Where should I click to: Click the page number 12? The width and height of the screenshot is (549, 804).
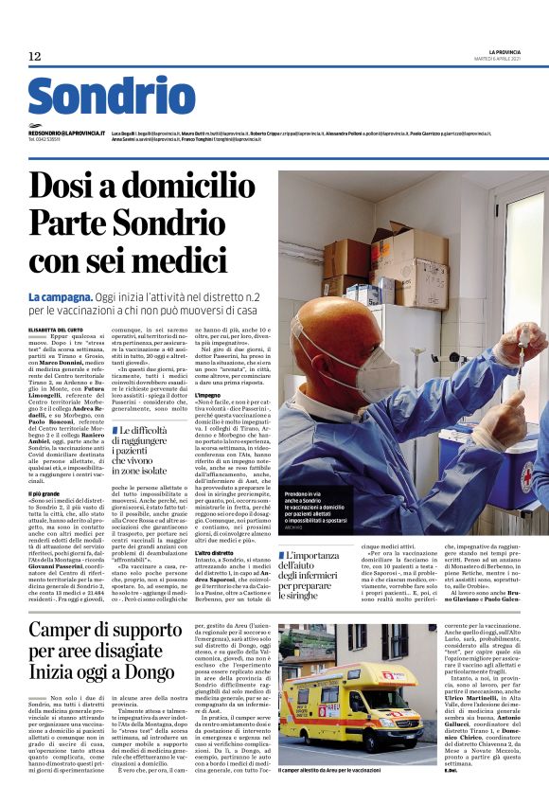(35, 57)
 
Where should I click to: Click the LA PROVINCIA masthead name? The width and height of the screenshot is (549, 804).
(505, 51)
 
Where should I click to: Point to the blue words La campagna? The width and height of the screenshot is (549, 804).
(55, 297)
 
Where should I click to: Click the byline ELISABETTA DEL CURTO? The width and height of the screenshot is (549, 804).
(56, 329)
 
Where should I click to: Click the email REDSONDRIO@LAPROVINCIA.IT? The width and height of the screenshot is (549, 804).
(66, 134)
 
